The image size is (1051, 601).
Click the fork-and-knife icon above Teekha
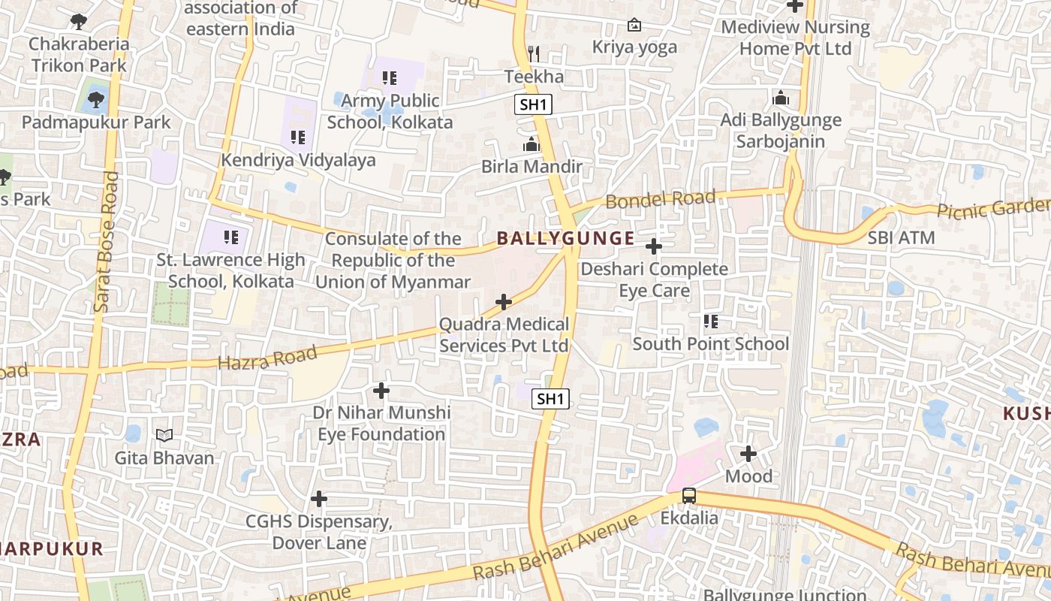point(534,53)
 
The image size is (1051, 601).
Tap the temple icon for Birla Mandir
point(532,143)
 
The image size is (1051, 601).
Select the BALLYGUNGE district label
point(565,239)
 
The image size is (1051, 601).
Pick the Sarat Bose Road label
point(106,242)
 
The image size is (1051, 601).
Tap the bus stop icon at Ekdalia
point(689,496)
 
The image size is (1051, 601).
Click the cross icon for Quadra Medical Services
point(504,302)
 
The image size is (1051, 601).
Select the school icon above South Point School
point(711,322)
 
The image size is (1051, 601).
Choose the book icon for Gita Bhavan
point(164,435)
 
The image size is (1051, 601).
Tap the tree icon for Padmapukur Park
point(96,98)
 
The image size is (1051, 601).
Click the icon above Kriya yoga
point(634,25)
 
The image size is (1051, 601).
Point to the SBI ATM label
point(901,238)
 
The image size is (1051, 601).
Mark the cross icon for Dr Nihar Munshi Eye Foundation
point(381,391)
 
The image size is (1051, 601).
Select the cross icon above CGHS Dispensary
point(319,499)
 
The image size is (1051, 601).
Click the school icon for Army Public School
point(390,77)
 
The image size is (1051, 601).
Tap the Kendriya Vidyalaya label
point(298,160)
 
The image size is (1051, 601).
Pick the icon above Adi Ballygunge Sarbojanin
point(781,98)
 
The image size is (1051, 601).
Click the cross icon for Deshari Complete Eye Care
point(654,246)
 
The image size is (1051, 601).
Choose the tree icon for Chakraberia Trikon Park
point(79,21)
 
